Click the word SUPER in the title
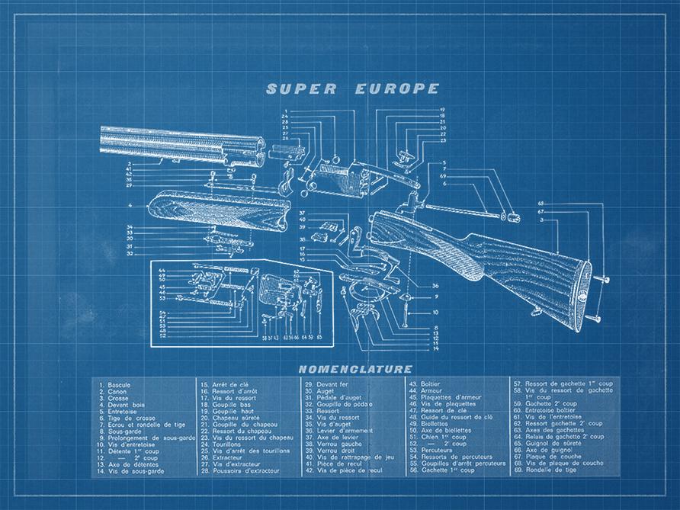301,88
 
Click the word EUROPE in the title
397,88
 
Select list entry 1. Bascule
115,385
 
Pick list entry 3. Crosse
114,398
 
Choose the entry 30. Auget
321,391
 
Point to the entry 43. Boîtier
426,385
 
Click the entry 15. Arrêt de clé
225,385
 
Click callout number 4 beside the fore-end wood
131,206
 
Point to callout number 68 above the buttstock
540,204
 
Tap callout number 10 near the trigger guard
435,312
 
